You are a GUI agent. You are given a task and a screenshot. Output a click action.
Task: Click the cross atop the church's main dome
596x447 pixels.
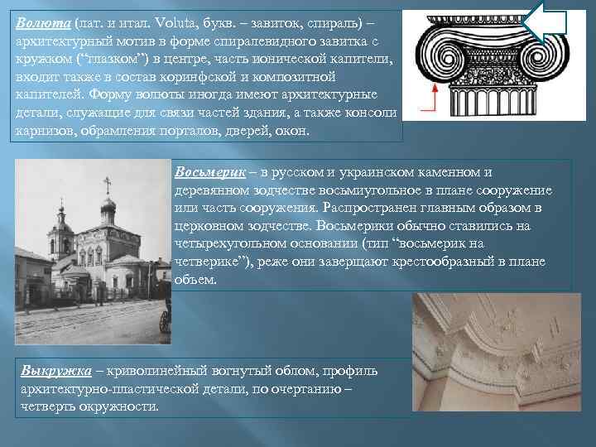tap(107, 182)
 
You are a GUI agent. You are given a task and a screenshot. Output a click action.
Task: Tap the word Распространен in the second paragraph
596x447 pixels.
tap(374, 208)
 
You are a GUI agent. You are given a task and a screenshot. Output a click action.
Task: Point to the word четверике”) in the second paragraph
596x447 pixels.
tap(213, 262)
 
